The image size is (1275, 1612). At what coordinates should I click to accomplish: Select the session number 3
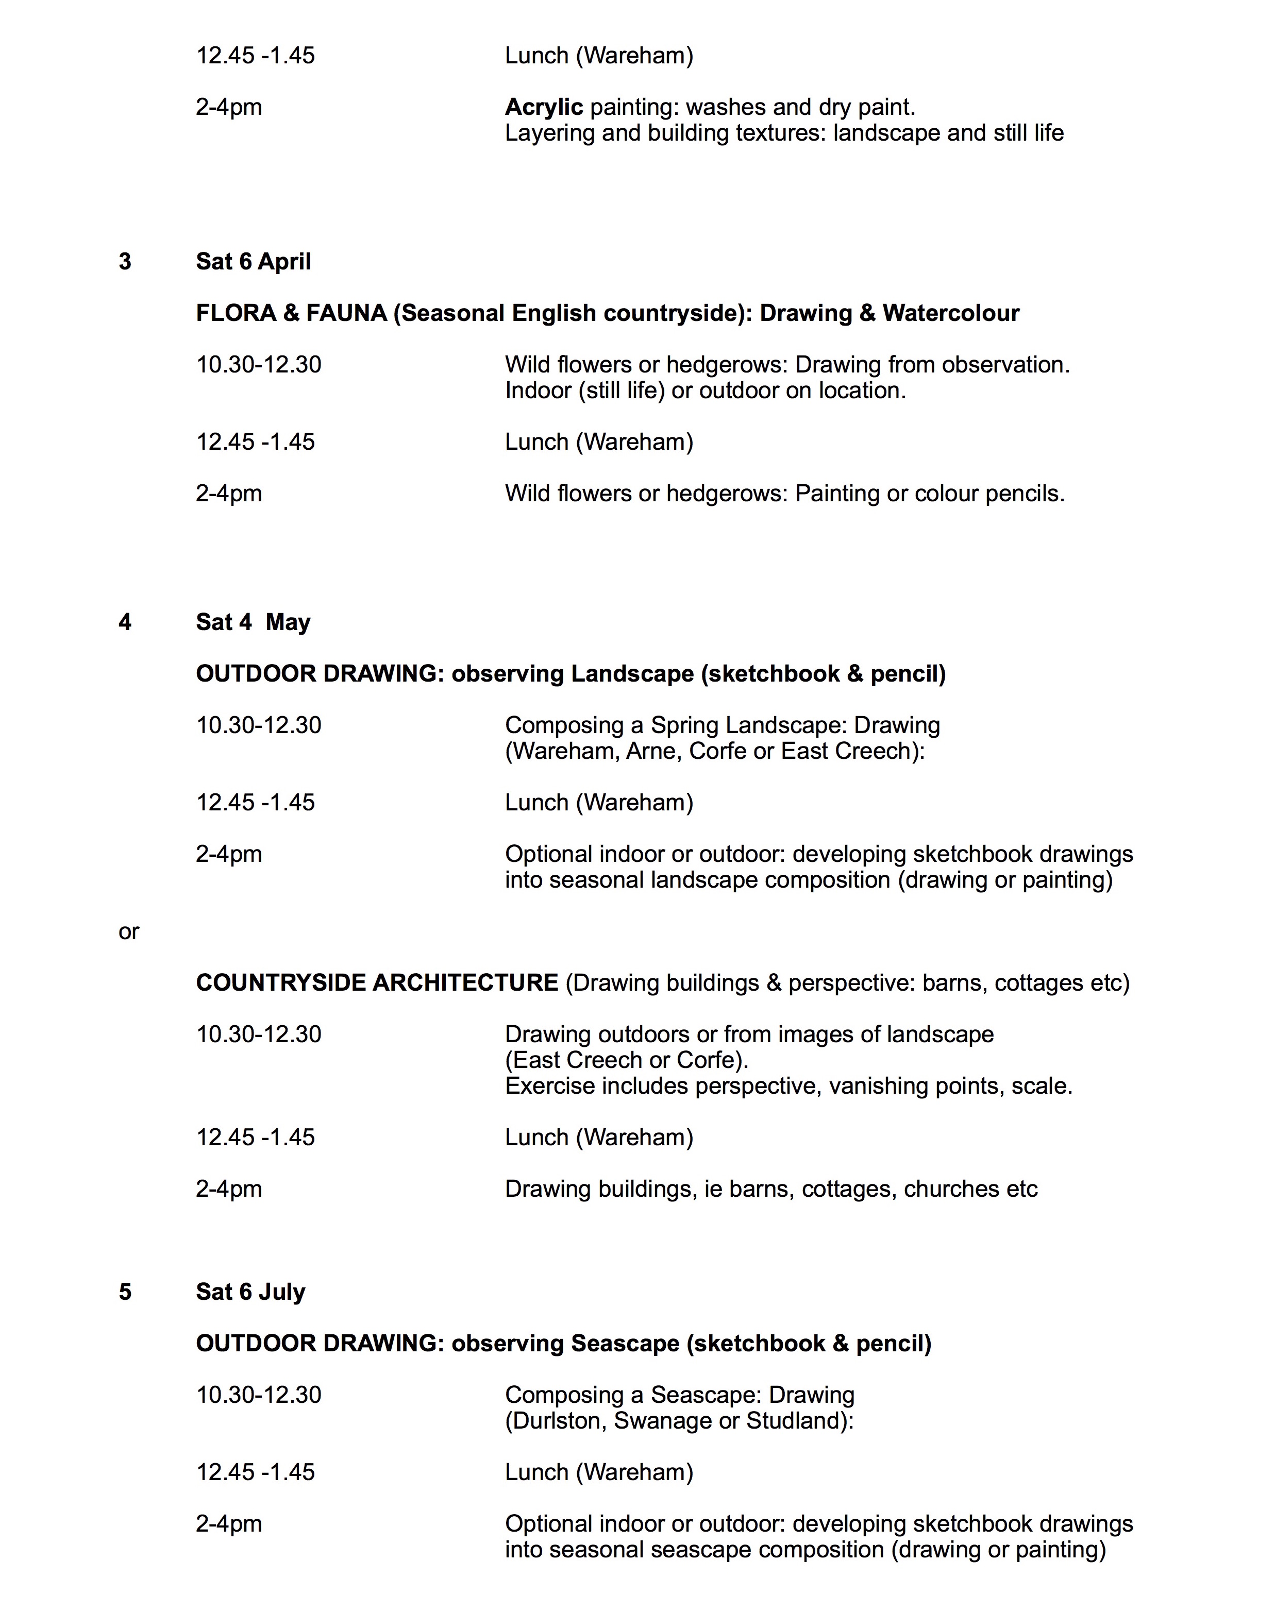[125, 261]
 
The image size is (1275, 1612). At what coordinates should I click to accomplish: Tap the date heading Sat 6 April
[253, 261]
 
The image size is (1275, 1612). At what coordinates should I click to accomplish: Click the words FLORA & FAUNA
[291, 313]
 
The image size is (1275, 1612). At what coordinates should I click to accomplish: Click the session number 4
[125, 622]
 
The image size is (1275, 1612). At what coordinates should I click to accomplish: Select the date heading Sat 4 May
[253, 622]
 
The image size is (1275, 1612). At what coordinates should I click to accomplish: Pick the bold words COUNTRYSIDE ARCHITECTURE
[377, 983]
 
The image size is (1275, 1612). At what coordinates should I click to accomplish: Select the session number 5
[125, 1292]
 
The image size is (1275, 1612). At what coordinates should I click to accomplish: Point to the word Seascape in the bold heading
[625, 1344]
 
